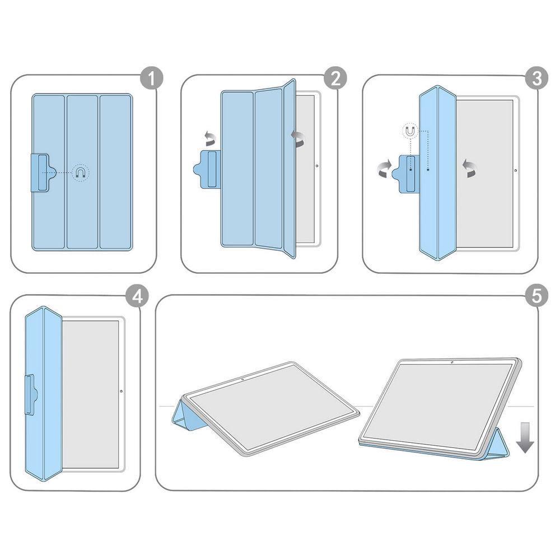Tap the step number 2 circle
335,79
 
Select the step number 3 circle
536,79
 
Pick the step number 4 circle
137,297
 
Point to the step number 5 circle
536,297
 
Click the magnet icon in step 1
81,172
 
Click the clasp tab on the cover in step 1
42,172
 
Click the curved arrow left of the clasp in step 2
209,138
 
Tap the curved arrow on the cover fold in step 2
298,138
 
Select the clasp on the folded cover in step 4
31,395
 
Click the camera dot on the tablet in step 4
122,391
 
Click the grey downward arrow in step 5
525,439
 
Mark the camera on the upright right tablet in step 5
451,363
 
